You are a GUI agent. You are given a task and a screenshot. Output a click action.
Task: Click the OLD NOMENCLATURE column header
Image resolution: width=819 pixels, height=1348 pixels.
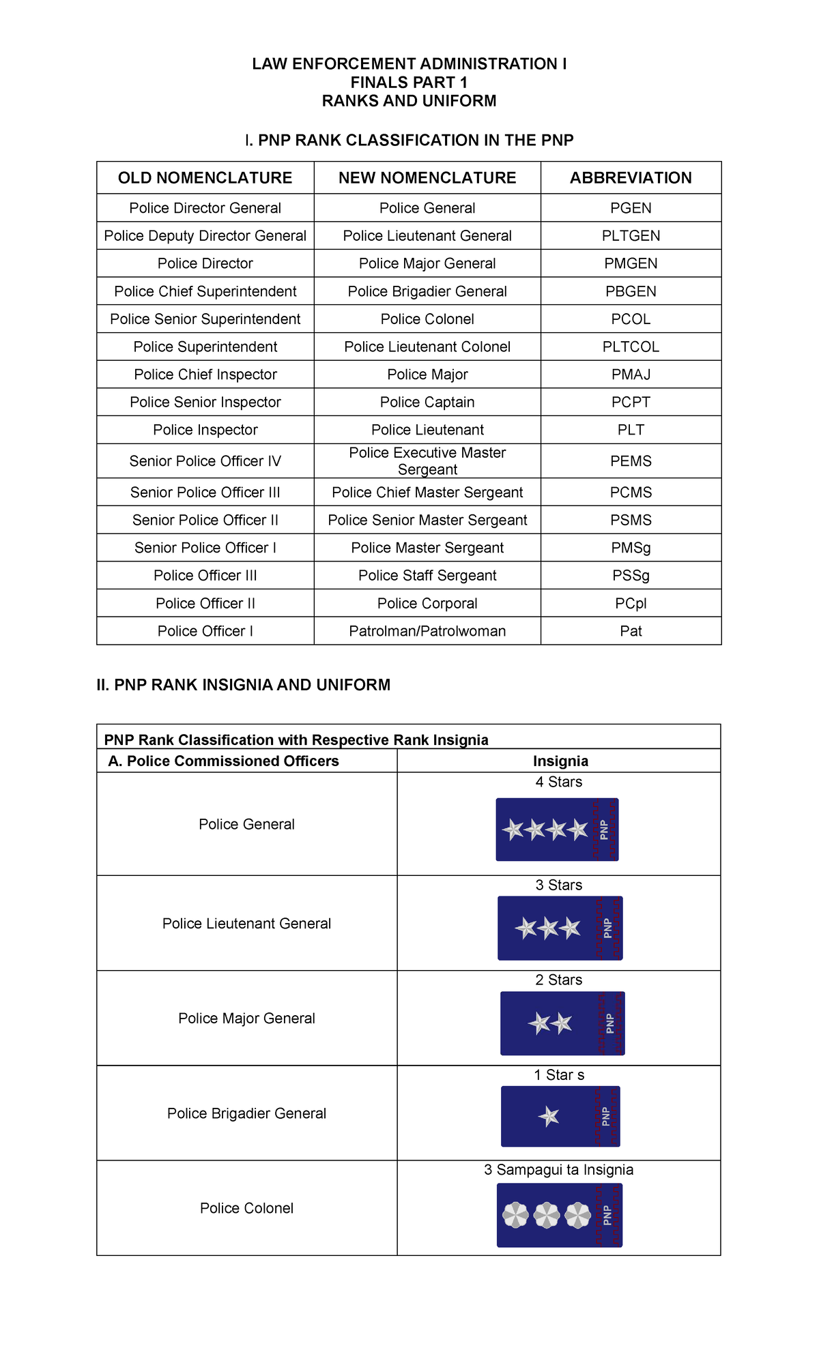[205, 178]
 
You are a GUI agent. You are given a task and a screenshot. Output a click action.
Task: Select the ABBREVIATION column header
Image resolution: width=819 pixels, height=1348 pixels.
[631, 178]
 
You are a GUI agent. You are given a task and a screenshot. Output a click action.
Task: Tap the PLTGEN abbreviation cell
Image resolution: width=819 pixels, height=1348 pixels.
[631, 236]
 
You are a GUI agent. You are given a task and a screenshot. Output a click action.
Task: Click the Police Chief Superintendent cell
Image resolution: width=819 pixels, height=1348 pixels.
[205, 291]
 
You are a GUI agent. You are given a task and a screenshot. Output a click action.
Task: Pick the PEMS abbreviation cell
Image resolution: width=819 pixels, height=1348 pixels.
[631, 461]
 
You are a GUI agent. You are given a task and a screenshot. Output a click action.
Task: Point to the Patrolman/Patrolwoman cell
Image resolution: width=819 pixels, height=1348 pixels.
[427, 631]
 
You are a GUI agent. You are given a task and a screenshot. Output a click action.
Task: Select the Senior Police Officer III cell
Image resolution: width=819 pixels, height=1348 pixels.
[205, 493]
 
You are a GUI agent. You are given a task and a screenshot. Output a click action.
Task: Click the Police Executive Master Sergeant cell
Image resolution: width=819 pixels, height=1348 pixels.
[427, 461]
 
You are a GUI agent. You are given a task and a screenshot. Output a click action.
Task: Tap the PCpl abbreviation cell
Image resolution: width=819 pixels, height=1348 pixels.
[631, 604]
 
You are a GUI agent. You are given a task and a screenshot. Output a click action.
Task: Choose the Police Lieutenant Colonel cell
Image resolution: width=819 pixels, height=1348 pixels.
[427, 347]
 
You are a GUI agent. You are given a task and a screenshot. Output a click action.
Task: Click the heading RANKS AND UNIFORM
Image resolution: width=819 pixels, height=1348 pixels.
[409, 101]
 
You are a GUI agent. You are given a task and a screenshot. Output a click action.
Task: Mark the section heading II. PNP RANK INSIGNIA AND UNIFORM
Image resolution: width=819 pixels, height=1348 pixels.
[244, 685]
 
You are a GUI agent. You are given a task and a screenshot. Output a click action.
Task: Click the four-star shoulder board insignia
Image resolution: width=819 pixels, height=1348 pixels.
[557, 830]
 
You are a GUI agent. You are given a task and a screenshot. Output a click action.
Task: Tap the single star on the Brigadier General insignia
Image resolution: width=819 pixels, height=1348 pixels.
[549, 1117]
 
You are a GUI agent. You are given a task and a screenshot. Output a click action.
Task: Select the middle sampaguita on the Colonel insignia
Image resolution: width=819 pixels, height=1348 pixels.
[547, 1215]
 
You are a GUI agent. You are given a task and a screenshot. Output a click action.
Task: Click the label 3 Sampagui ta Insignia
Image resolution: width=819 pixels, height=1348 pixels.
[558, 1170]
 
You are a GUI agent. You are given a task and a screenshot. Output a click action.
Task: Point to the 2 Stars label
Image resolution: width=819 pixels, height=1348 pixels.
[558, 980]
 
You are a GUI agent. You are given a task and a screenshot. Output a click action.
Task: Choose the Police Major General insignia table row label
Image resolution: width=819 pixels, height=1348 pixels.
[246, 1019]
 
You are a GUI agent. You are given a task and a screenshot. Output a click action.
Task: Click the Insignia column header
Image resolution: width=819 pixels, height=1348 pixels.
[560, 761]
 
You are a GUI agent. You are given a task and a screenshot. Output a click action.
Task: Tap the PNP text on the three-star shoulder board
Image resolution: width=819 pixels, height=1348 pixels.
[607, 928]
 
